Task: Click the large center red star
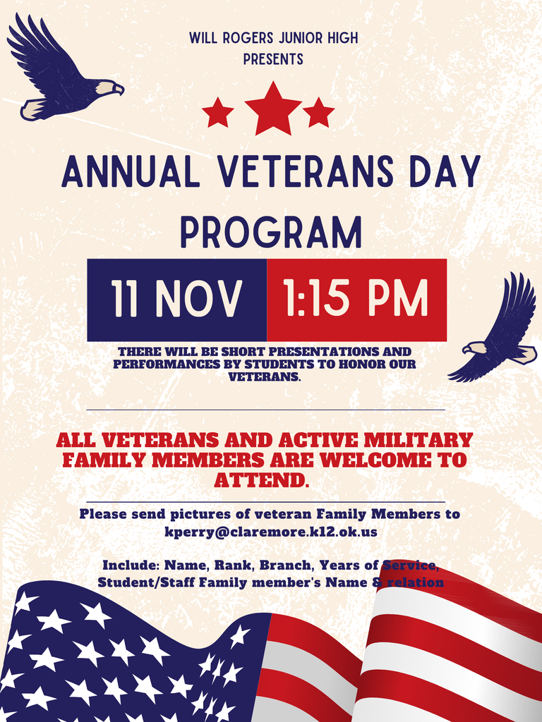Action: [273, 109]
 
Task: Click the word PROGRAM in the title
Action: [271, 232]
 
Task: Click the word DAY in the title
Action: [442, 171]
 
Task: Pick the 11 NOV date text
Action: [176, 299]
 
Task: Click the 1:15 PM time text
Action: [356, 299]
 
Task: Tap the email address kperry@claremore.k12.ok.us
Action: [270, 532]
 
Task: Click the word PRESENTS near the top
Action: [273, 59]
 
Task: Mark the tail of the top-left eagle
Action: [32, 109]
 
